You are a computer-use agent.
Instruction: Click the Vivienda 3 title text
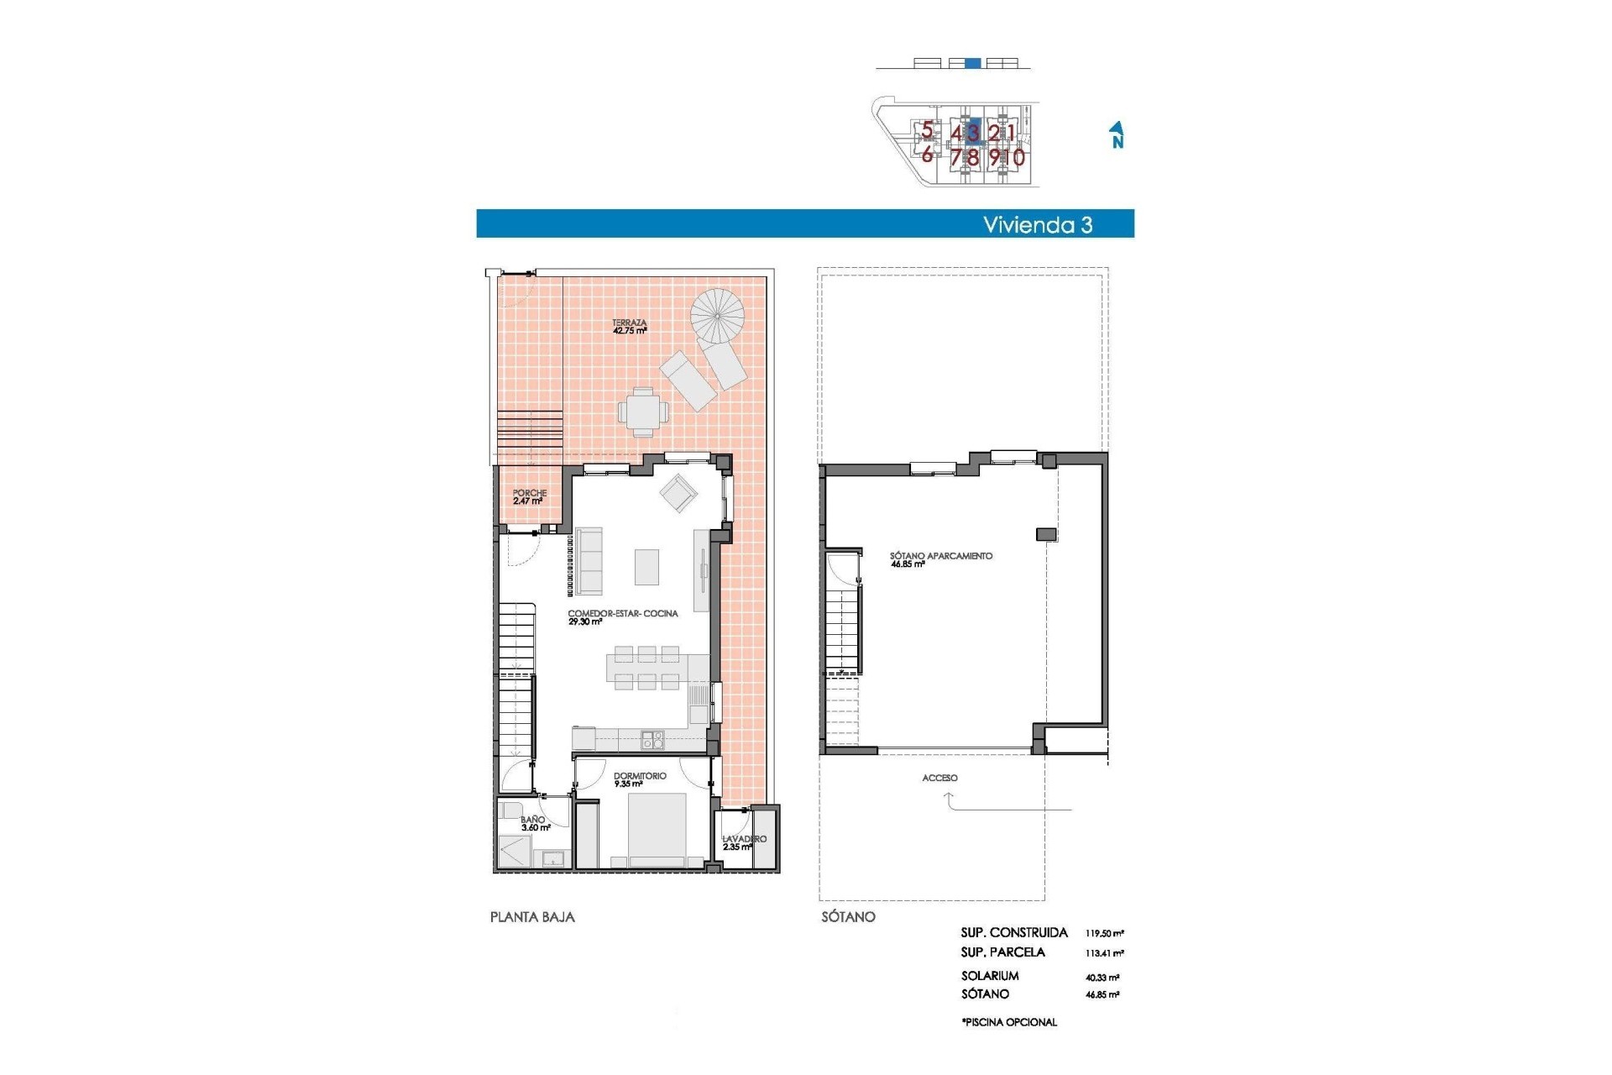(1038, 225)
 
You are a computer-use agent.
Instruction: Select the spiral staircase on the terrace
(717, 316)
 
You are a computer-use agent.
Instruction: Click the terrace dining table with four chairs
(644, 412)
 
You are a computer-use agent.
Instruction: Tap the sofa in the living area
(589, 560)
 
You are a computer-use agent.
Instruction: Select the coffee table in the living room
(646, 566)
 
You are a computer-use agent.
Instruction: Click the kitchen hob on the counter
(652, 740)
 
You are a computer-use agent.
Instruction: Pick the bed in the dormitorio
(657, 828)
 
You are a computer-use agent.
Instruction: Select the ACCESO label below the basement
(939, 778)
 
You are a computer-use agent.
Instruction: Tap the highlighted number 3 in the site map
(972, 133)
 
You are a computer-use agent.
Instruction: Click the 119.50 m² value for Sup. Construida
(1104, 933)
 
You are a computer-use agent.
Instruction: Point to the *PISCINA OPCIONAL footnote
(1009, 1022)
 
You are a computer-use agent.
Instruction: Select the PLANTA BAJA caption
(532, 917)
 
